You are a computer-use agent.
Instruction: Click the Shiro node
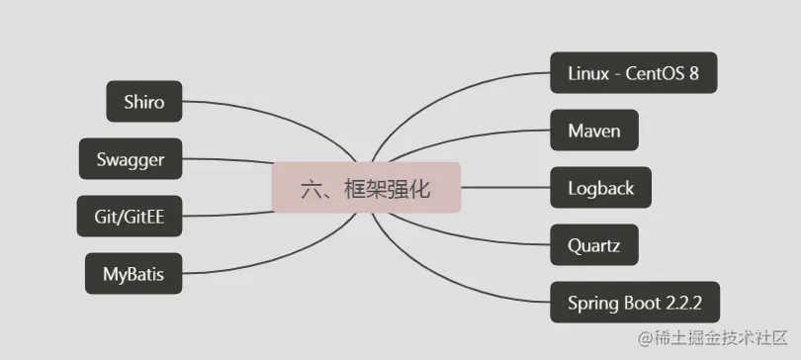(144, 101)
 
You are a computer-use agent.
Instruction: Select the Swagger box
(131, 158)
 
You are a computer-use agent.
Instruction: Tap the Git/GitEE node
(130, 217)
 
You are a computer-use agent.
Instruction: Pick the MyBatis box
(133, 274)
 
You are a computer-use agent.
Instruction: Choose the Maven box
(593, 130)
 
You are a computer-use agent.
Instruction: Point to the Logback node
(601, 187)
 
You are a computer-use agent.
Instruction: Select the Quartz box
(594, 244)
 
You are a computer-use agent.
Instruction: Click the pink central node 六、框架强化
(367, 188)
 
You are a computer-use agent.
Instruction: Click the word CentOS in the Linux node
(659, 73)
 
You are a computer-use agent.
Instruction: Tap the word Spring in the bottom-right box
(590, 302)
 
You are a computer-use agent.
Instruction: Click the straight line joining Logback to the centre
(504, 187)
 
